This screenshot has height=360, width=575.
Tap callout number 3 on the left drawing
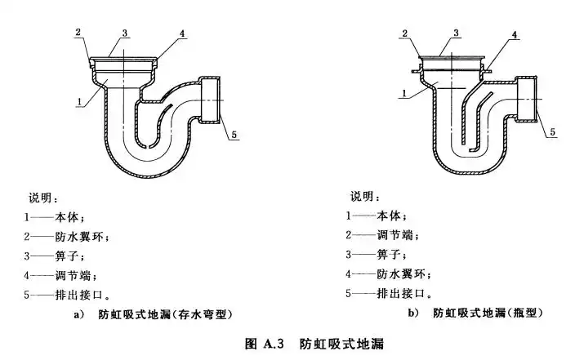pyautogui.click(x=125, y=32)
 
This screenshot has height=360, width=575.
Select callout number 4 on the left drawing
pyautogui.click(x=182, y=34)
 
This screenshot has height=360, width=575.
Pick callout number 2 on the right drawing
pyautogui.click(x=404, y=33)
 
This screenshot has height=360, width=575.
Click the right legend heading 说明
pyautogui.click(x=364, y=197)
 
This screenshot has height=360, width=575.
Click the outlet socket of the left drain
pyautogui.click(x=212, y=101)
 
